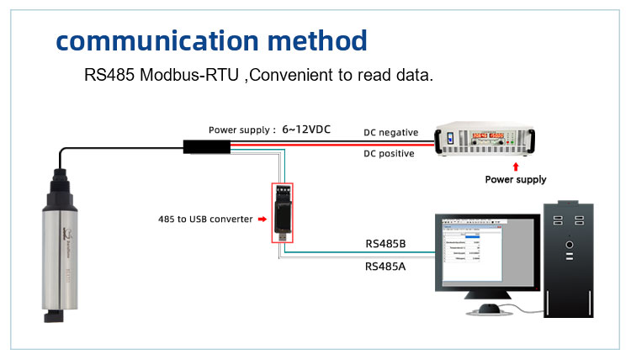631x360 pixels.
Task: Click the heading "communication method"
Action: click(211, 40)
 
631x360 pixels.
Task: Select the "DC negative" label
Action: click(390, 132)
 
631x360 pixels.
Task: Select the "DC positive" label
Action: click(389, 154)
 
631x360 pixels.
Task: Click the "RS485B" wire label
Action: click(385, 244)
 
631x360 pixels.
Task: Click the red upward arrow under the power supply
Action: click(514, 167)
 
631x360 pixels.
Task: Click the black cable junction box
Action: click(206, 147)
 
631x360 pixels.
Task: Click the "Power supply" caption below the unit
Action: click(516, 179)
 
